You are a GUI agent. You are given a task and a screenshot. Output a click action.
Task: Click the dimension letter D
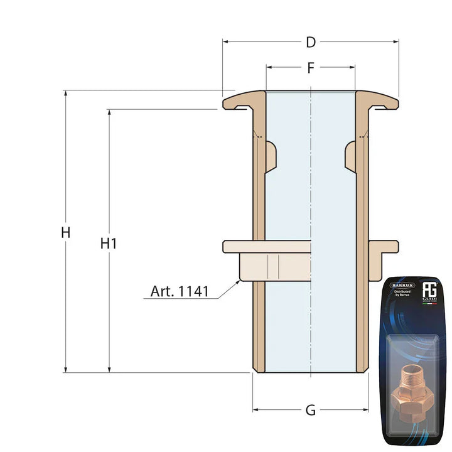coord(310,43)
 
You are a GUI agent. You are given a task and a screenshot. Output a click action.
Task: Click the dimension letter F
coord(310,68)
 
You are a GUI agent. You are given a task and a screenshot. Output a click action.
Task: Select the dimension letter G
coord(310,410)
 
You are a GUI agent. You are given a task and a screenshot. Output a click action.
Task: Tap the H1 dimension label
coord(109,244)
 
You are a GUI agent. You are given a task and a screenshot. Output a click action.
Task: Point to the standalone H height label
coord(65,232)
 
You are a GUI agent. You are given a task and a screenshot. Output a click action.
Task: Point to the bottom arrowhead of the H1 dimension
coord(109,369)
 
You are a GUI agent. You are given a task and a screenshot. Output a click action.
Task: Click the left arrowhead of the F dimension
coord(269,67)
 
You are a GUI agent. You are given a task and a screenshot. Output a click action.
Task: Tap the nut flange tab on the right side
coord(383,246)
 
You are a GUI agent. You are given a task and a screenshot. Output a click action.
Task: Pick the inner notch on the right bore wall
coord(350,154)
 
